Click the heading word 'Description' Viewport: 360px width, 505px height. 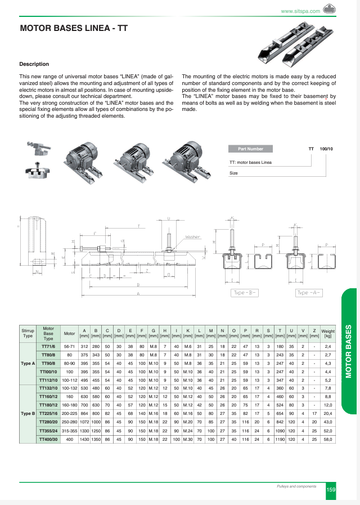[x=34, y=64]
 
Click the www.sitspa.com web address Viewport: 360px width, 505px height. [x=300, y=11]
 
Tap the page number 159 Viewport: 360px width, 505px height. [x=331, y=490]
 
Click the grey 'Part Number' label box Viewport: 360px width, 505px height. [x=250, y=149]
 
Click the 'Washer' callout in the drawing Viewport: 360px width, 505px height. [x=193, y=237]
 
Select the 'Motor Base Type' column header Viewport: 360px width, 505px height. [x=48, y=333]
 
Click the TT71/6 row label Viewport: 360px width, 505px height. [x=48, y=346]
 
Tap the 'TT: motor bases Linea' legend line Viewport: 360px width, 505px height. [x=250, y=162]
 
